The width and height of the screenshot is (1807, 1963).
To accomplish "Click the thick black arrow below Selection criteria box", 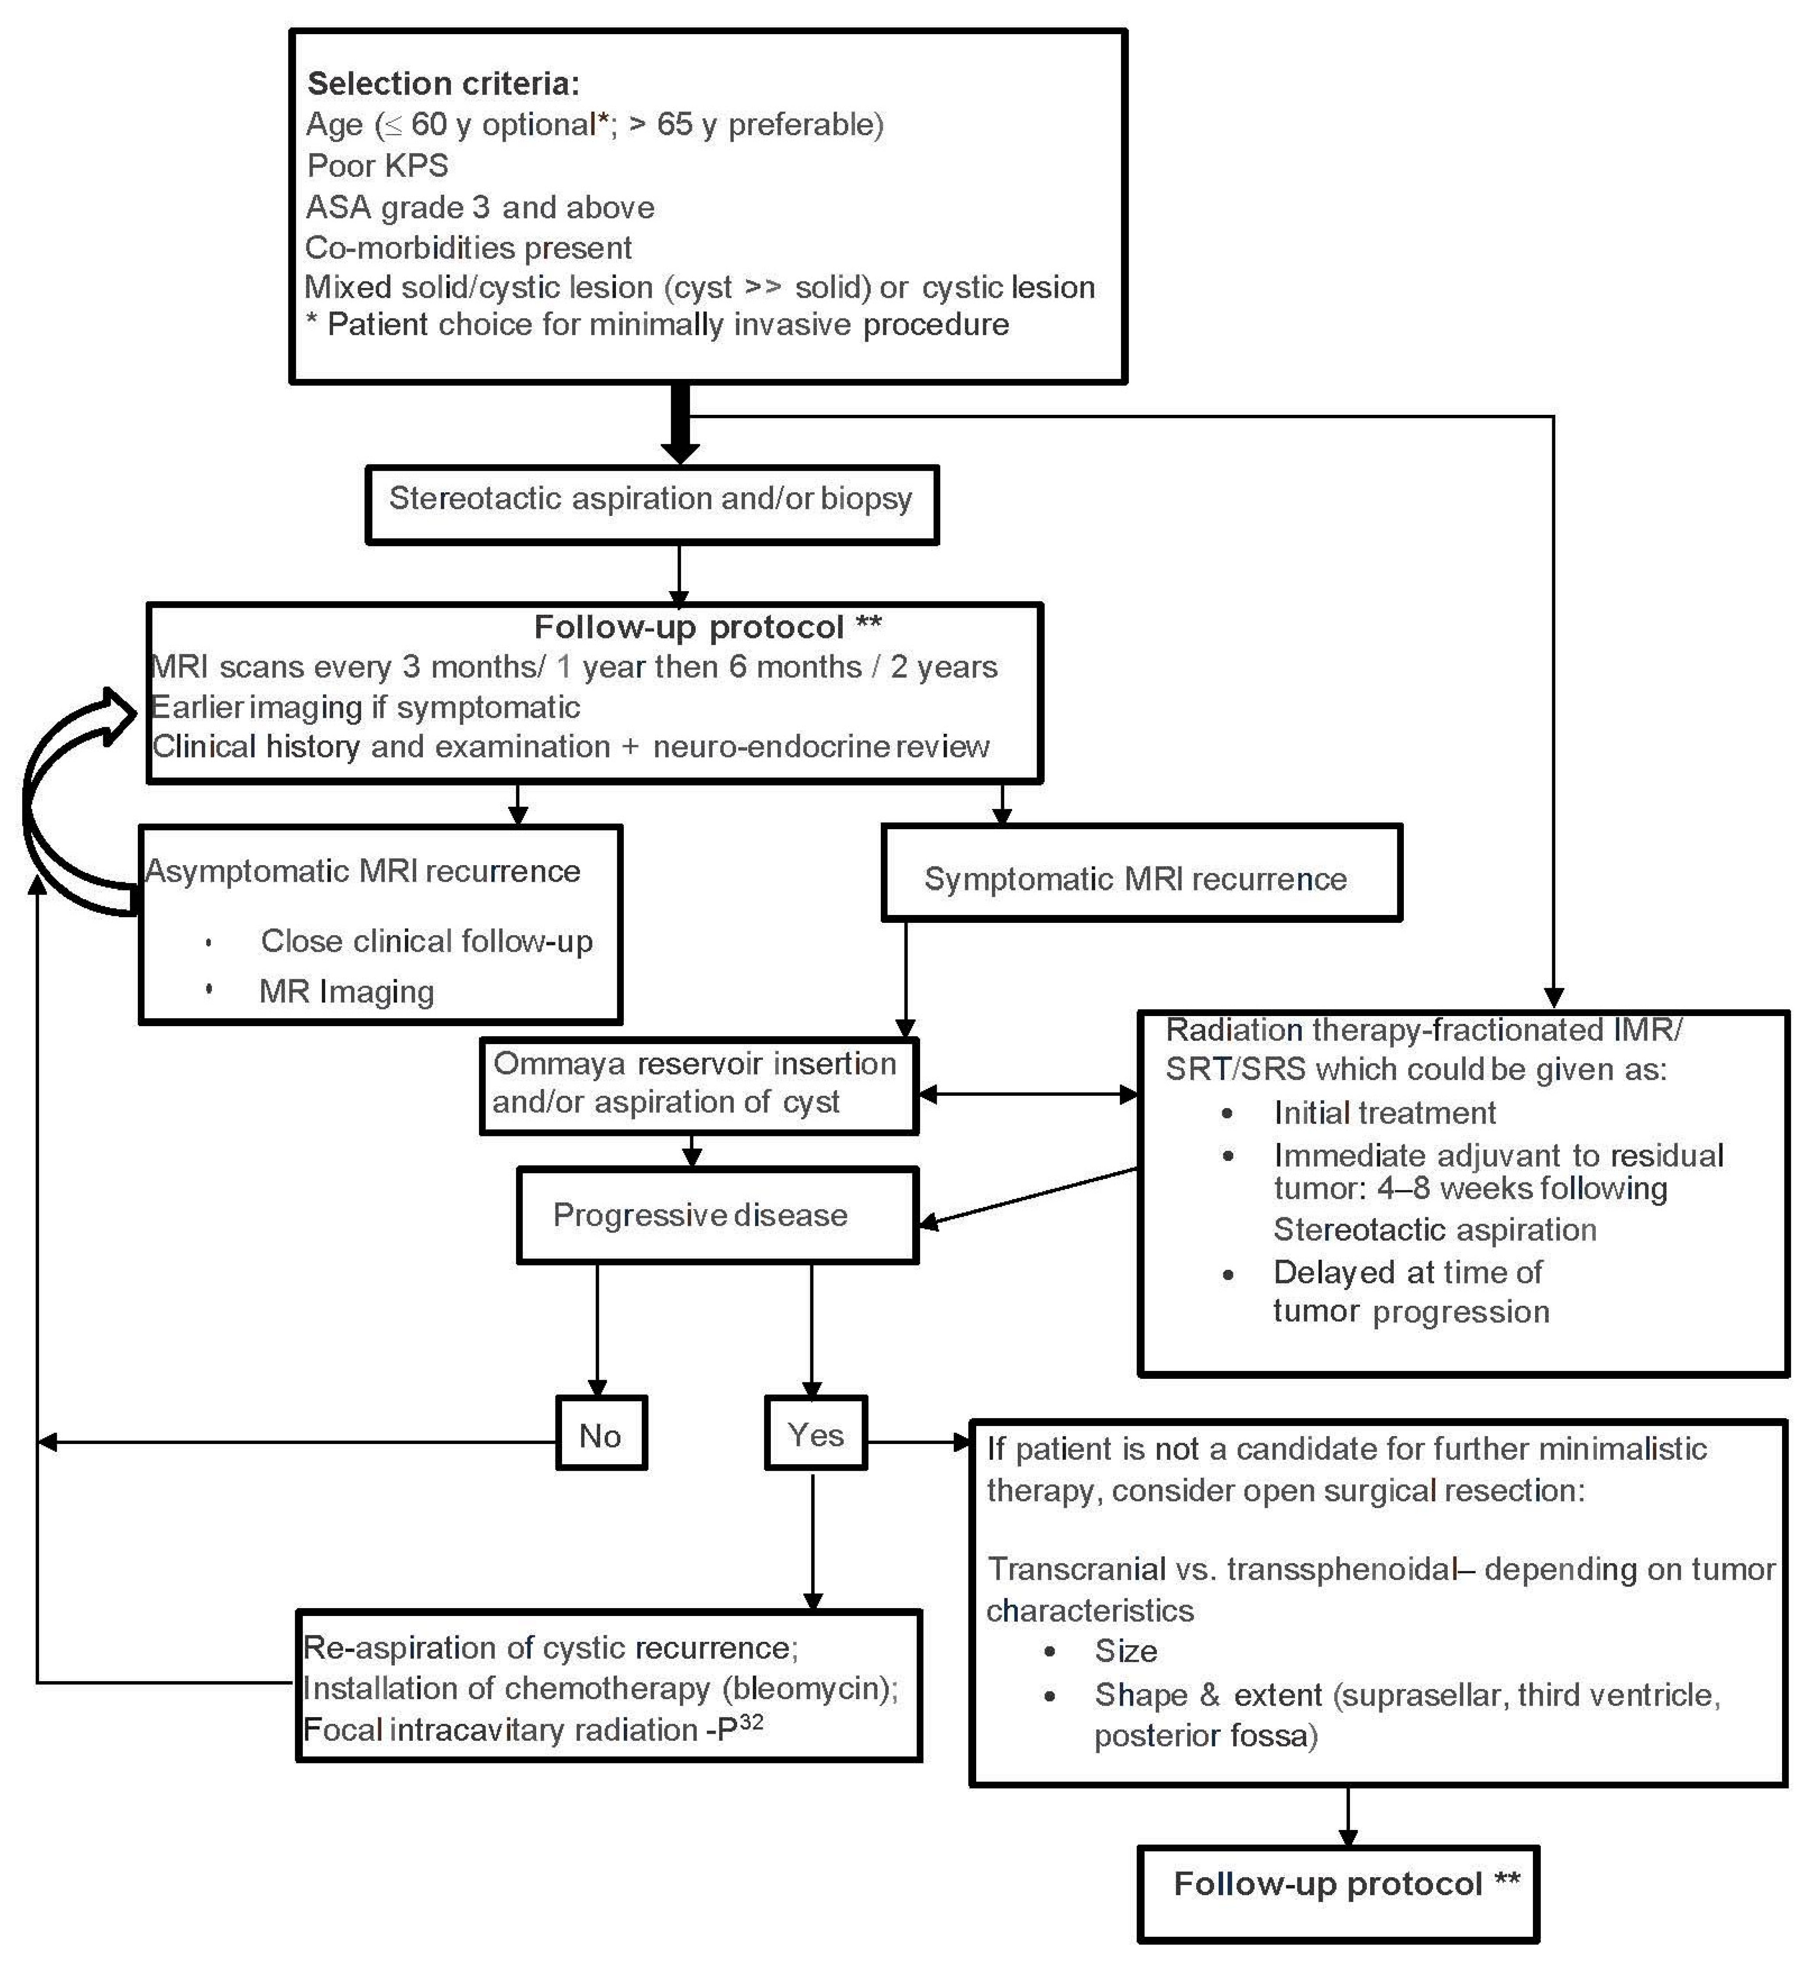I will click(679, 425).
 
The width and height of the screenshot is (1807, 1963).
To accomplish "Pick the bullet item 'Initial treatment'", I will click(1384, 1112).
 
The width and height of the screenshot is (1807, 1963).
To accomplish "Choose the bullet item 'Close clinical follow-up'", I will click(426, 940).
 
